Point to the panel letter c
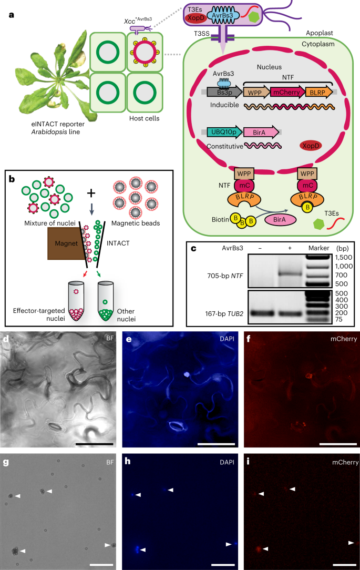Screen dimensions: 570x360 [x=193, y=247]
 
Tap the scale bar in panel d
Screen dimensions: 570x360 [x=94, y=444]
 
